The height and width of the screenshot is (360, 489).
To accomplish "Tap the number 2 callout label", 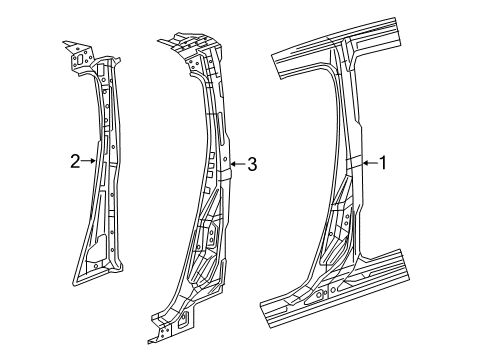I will point(75,158).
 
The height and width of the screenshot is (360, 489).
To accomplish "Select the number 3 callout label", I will point(252,163).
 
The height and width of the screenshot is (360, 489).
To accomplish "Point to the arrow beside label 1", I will point(365,161).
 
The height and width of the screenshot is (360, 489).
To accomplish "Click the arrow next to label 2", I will point(89,158).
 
